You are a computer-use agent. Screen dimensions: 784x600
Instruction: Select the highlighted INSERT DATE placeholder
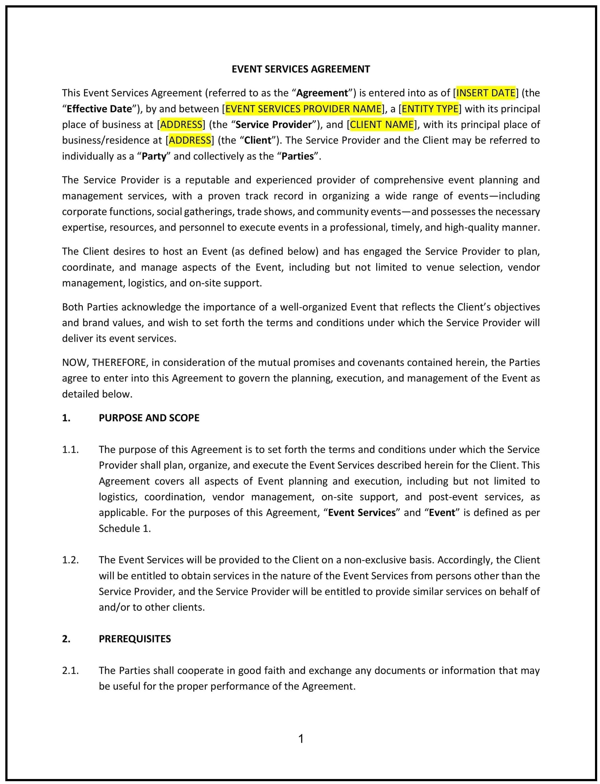[486, 93]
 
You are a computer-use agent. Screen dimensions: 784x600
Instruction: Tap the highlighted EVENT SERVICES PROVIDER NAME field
[303, 109]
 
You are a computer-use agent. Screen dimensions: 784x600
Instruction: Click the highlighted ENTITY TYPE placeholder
[430, 109]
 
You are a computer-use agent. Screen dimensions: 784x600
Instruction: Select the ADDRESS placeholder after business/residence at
[190, 140]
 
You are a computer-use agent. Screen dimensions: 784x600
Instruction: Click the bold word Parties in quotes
[298, 156]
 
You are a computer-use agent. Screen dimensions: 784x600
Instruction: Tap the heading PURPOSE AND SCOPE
[149, 417]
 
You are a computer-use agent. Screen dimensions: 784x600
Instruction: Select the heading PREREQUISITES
[135, 639]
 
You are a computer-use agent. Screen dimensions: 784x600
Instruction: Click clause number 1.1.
[70, 449]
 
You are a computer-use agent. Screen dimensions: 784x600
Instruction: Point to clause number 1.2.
[70, 560]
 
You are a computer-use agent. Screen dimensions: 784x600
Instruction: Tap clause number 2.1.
[70, 670]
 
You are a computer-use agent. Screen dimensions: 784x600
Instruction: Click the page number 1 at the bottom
[301, 738]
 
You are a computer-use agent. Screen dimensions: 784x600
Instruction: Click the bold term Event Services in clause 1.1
[361, 513]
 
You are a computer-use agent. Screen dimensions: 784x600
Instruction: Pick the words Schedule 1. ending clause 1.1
[125, 528]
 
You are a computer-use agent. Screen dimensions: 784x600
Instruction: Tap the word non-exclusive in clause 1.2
[375, 560]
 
